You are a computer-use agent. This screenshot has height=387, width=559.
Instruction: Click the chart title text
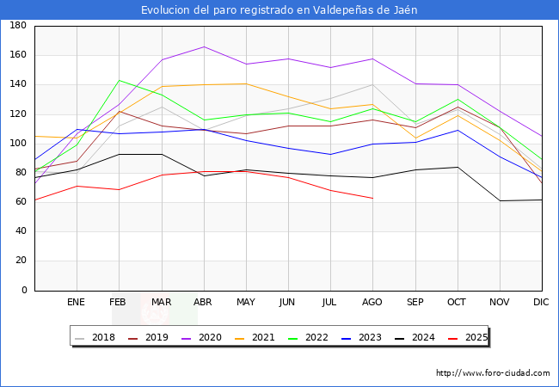tap(279, 9)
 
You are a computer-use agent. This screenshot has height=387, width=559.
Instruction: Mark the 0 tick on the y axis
tap(24, 291)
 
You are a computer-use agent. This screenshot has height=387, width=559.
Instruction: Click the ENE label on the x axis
tap(77, 303)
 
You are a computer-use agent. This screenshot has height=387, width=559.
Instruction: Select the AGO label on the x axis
tap(372, 303)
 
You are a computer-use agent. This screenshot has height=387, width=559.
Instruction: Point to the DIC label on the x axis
tap(541, 303)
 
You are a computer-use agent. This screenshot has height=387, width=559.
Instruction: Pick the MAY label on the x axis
tap(246, 303)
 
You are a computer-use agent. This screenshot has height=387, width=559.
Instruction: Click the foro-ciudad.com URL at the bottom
tap(493, 373)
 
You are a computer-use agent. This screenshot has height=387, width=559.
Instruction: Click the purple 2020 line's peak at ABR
tap(204, 46)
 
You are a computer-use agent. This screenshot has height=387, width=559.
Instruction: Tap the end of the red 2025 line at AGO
tap(372, 198)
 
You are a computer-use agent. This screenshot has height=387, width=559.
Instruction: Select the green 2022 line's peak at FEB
tap(119, 80)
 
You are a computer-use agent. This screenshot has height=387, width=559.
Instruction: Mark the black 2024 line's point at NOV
tap(500, 200)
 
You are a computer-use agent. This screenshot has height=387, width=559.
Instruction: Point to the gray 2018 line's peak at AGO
tap(372, 84)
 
